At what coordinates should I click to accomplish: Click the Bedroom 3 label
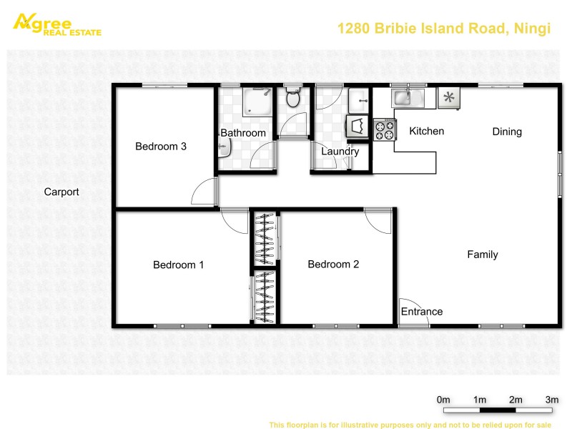click(x=161, y=147)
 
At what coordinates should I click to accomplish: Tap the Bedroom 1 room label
click(x=178, y=265)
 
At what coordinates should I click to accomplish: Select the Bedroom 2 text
click(x=333, y=265)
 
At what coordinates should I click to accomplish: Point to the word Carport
click(x=61, y=192)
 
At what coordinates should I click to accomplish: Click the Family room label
click(x=483, y=255)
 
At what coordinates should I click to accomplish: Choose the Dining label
click(x=507, y=132)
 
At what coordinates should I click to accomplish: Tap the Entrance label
click(x=421, y=312)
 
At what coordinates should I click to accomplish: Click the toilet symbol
click(x=292, y=98)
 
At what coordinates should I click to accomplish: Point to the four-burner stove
click(x=384, y=129)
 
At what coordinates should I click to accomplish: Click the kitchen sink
click(x=408, y=97)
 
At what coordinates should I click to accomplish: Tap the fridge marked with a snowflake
click(x=448, y=98)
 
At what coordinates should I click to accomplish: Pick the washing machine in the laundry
click(x=356, y=127)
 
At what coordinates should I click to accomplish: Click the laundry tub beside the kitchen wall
click(x=357, y=98)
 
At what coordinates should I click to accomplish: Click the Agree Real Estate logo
click(x=57, y=24)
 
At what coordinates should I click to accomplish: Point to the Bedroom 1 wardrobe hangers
click(x=264, y=297)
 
